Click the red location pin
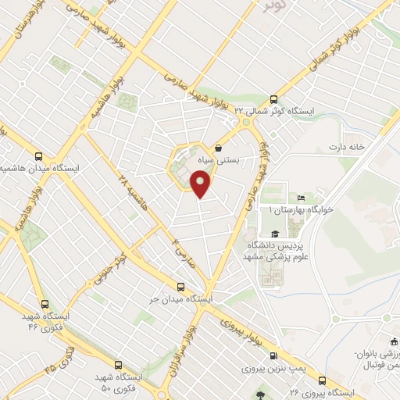point(202,184)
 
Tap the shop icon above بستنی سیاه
point(218,147)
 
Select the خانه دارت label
point(347,148)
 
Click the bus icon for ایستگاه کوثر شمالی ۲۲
point(273,98)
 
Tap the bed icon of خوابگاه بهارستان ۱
point(301,198)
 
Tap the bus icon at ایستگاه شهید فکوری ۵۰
point(118,364)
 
